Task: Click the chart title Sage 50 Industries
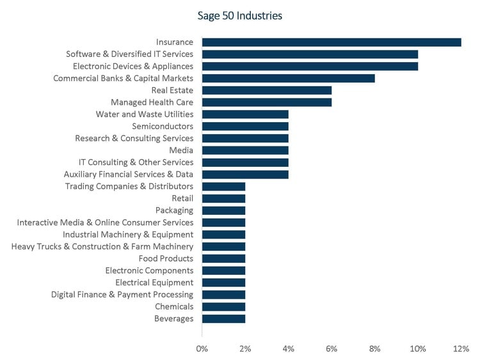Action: tap(240, 15)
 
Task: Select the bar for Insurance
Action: tap(332, 42)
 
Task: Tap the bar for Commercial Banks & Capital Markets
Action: tap(288, 78)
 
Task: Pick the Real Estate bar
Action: tap(267, 90)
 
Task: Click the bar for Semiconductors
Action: tap(245, 126)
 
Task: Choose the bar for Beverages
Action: tap(223, 318)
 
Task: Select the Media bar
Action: tap(245, 150)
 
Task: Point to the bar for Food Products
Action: tap(223, 258)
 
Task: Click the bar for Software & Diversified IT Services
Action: tap(310, 54)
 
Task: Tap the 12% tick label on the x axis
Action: tap(461, 348)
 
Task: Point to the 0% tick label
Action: tap(202, 348)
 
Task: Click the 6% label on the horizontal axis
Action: tap(332, 348)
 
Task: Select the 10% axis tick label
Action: tap(418, 348)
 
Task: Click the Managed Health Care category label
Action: tap(152, 102)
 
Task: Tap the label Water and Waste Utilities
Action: tap(144, 114)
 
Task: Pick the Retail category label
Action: tap(182, 198)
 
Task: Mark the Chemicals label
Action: tap(173, 306)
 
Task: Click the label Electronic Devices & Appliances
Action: tap(132, 67)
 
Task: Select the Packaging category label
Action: tap(174, 210)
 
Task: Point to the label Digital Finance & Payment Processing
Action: tap(122, 295)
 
